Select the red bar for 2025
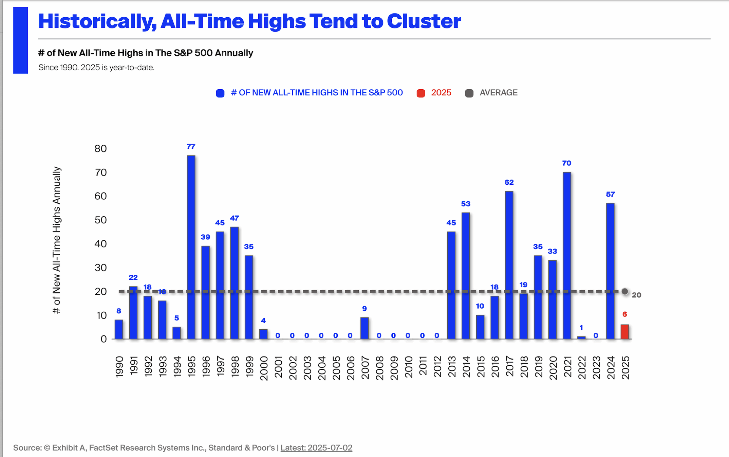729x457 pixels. pos(625,332)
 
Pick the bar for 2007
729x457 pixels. pos(364,328)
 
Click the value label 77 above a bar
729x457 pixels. pos(191,147)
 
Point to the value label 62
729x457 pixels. pos(509,182)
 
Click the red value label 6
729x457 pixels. pos(625,314)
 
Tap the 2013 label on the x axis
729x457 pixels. pos(452,367)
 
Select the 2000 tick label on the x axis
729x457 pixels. pos(264,368)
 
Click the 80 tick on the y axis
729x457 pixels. pos(100,149)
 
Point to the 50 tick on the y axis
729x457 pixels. pos(100,220)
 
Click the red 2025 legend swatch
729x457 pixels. pos(421,93)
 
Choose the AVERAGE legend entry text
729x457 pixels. pos(499,93)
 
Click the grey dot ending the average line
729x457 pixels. pos(625,291)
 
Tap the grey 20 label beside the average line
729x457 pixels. pos(636,295)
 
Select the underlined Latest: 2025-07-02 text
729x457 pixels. pos(316,448)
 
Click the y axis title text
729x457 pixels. pos(57,240)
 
